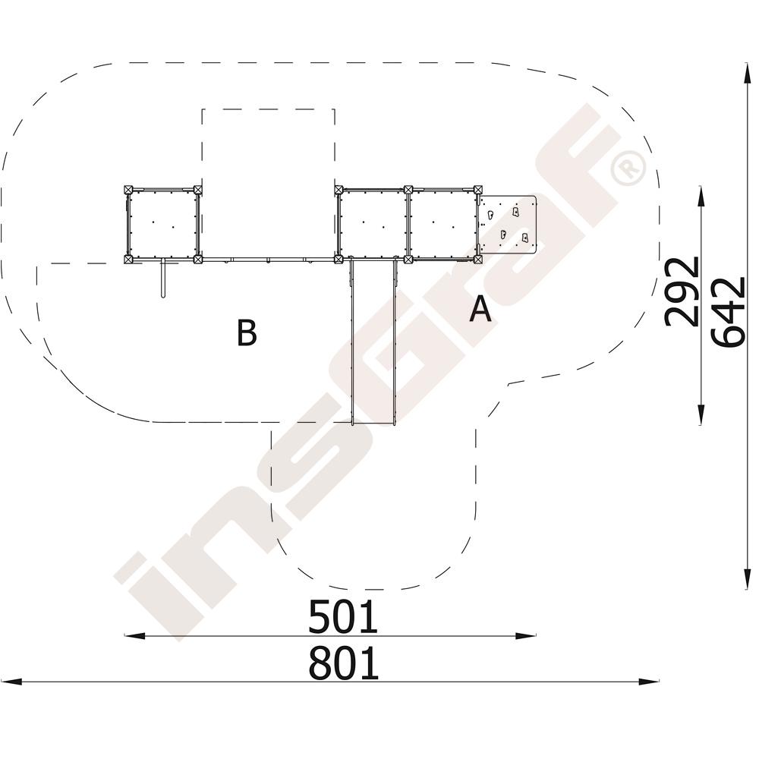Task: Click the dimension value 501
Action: pyautogui.click(x=343, y=616)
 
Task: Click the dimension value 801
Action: pyautogui.click(x=343, y=663)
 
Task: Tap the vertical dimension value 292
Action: pyautogui.click(x=682, y=292)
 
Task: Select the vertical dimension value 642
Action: pyautogui.click(x=728, y=312)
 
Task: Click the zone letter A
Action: pyautogui.click(x=480, y=310)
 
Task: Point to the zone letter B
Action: pyautogui.click(x=247, y=332)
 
